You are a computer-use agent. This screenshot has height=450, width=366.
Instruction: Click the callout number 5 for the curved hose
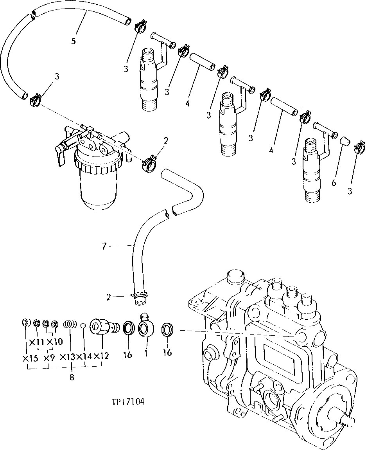74,41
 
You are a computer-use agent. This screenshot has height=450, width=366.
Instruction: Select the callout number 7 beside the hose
104,246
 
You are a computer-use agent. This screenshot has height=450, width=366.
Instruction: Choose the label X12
101,356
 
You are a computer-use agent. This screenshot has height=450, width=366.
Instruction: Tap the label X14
84,356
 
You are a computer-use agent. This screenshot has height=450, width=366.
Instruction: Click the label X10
55,342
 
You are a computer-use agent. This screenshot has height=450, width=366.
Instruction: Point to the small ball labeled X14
83,325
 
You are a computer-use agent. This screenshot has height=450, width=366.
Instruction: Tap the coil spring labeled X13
70,325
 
